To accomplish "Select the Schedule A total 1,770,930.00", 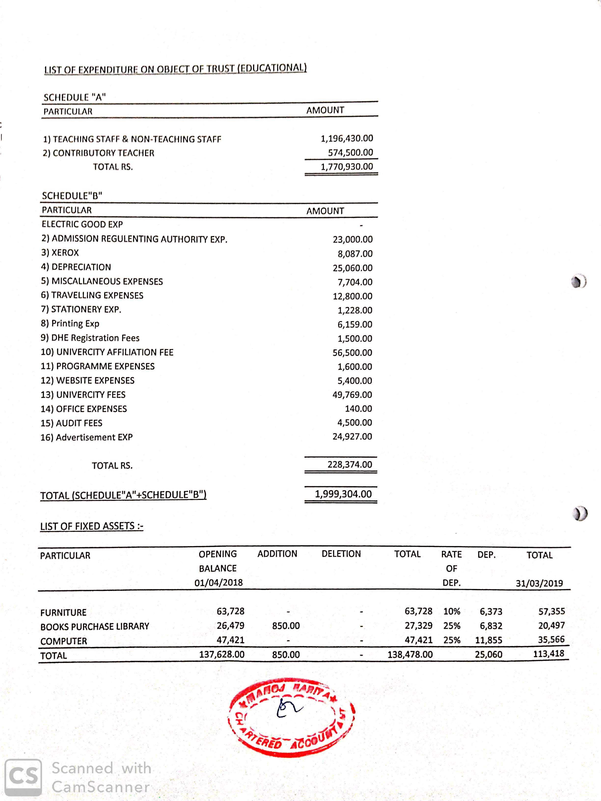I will (x=346, y=167).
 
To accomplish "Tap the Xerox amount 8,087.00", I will (x=355, y=254).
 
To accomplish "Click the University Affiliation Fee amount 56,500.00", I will (x=352, y=352).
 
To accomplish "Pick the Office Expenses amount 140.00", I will (x=358, y=408).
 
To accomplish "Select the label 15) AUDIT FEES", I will (x=71, y=423).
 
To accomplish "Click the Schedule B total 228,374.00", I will (x=350, y=464).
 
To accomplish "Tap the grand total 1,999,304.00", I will (x=343, y=494).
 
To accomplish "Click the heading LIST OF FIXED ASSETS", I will (x=92, y=526).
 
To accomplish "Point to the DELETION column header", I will (x=341, y=554).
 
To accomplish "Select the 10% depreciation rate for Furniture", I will (x=451, y=611).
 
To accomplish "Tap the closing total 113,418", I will (x=548, y=654).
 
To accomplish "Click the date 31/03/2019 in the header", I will (x=539, y=583).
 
